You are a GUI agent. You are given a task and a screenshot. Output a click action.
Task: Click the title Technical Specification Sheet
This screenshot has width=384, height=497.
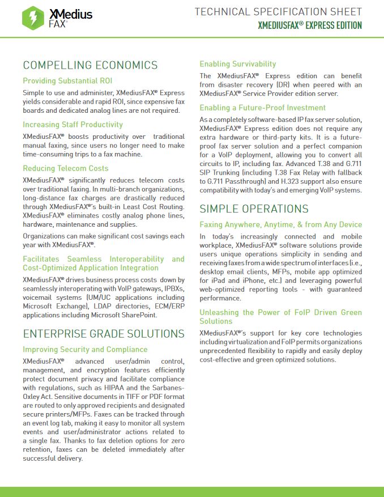(278, 12)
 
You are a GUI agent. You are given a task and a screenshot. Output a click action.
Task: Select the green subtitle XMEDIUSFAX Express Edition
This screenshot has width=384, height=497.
(310, 26)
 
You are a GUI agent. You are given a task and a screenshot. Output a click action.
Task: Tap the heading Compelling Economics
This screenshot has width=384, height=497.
(90, 65)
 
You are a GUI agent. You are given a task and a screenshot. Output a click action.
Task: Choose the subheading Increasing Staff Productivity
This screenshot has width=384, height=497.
(72, 125)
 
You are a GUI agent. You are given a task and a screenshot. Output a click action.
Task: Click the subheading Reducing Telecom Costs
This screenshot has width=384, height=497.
(65, 168)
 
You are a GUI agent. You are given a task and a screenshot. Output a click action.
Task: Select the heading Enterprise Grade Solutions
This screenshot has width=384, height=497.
(104, 333)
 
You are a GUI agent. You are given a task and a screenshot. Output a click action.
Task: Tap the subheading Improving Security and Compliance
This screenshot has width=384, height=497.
(85, 350)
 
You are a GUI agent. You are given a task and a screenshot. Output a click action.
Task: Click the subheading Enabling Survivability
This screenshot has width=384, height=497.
(238, 64)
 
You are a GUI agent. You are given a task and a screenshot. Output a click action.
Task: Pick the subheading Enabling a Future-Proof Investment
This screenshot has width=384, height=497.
(263, 108)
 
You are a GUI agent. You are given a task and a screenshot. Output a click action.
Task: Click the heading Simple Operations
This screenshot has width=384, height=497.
(254, 209)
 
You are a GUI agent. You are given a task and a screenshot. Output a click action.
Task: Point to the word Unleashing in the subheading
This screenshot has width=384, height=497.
(219, 312)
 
